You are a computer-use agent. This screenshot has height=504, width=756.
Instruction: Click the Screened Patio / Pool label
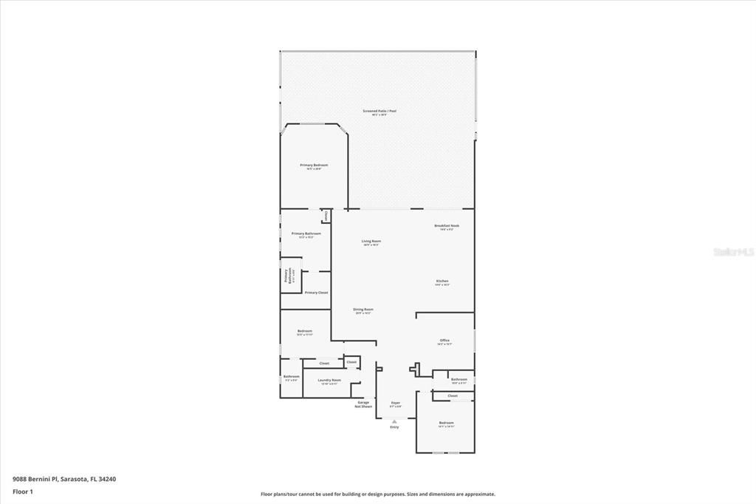click(x=379, y=111)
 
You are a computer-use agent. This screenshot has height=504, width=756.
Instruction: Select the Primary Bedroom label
click(x=314, y=165)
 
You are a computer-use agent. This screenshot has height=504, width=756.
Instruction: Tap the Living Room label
click(x=371, y=241)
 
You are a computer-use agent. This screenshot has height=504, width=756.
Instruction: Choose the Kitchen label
click(x=442, y=281)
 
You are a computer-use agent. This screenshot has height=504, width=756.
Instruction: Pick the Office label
click(x=444, y=340)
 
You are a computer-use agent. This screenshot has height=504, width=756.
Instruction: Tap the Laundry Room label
click(x=329, y=380)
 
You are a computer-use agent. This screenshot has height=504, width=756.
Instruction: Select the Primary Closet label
click(x=317, y=293)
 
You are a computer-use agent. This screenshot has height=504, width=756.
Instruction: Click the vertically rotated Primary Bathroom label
click(x=286, y=275)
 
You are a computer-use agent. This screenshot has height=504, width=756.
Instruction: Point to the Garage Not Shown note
click(x=363, y=404)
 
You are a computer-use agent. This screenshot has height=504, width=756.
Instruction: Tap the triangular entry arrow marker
click(x=394, y=421)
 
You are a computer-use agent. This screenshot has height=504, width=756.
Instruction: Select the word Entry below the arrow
click(x=394, y=427)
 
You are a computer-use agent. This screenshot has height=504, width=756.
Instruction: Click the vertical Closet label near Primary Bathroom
click(x=326, y=216)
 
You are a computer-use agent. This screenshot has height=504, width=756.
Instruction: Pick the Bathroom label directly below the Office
click(x=459, y=379)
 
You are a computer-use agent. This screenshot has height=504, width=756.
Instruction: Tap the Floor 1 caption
click(x=23, y=491)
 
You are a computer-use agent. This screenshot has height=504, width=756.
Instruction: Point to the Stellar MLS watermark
click(x=733, y=252)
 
